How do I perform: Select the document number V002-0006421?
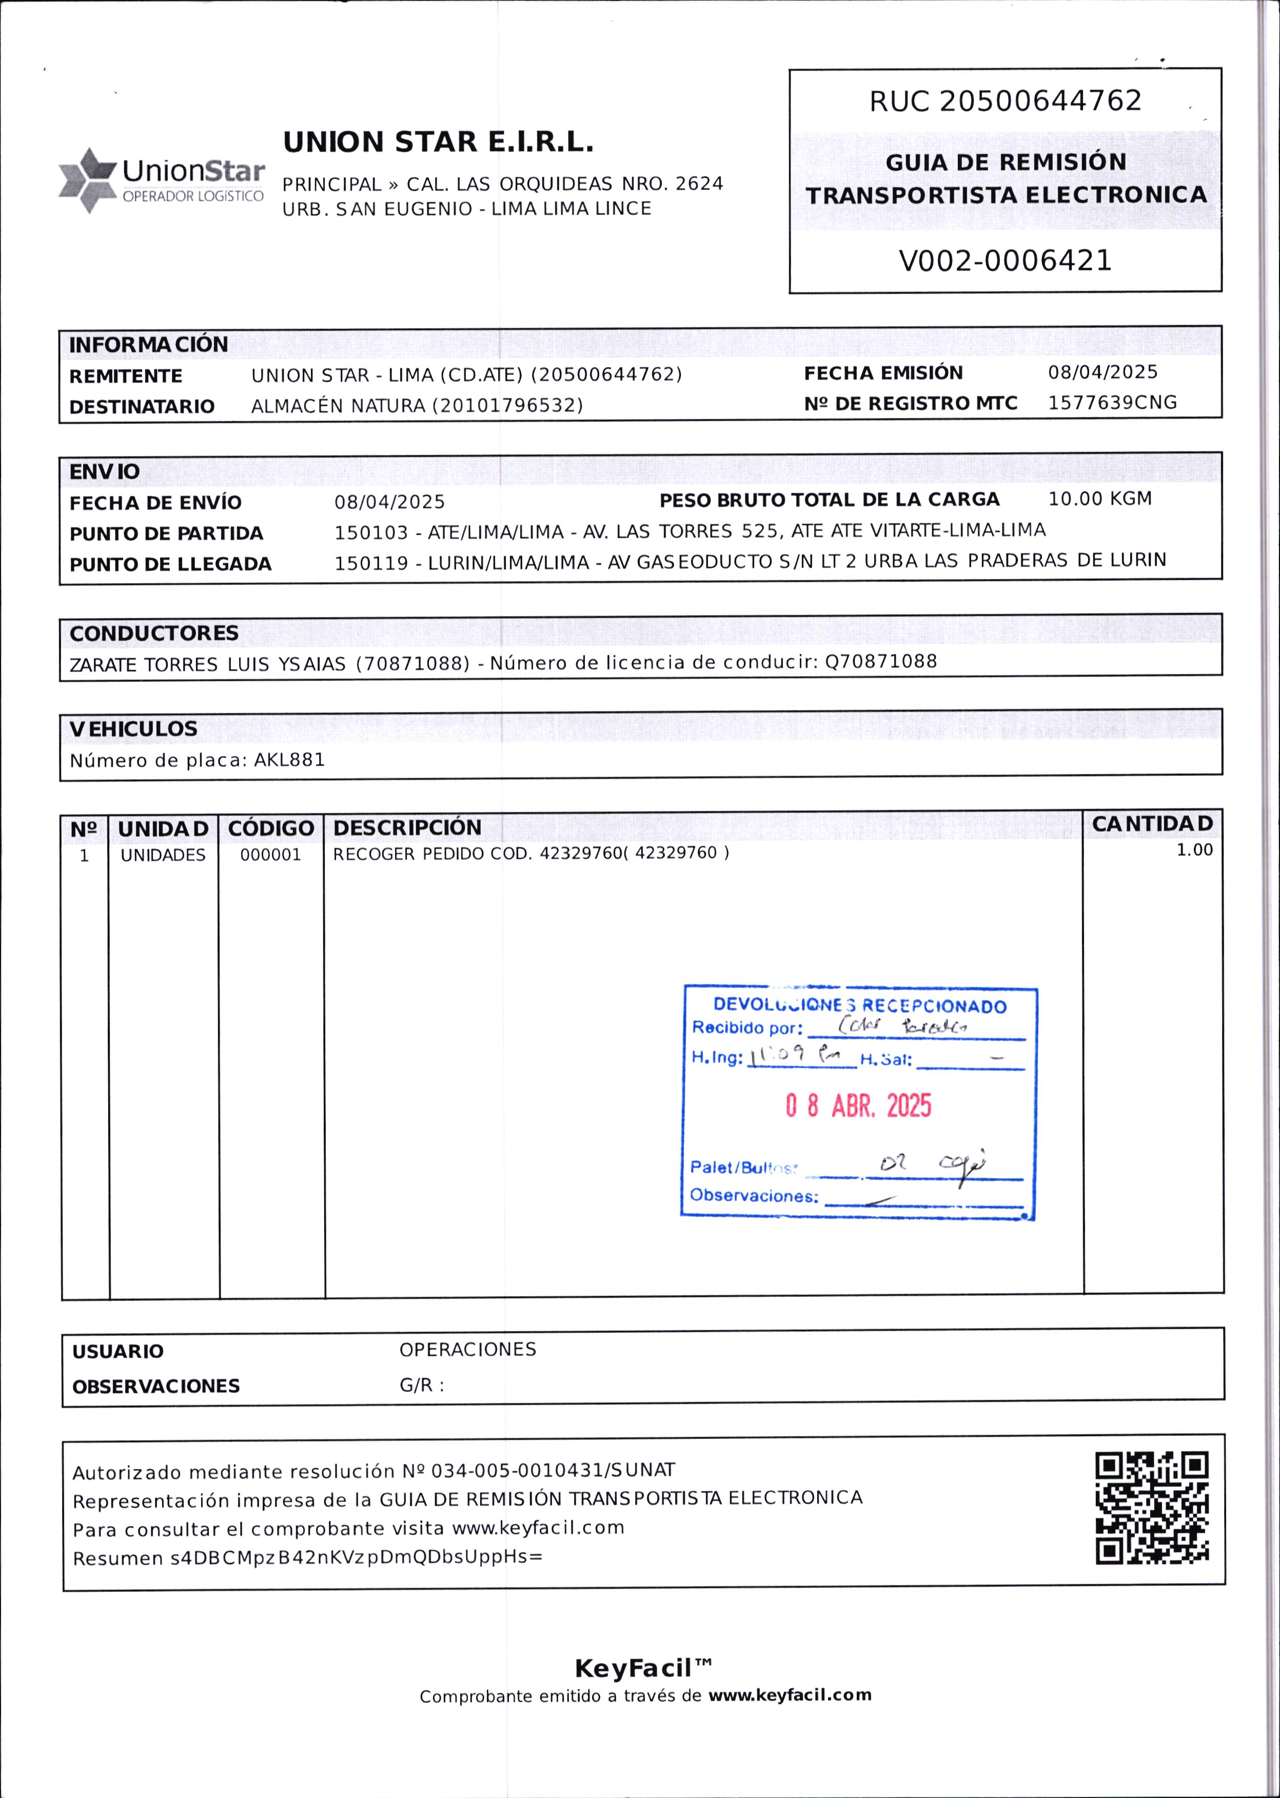pyautogui.click(x=1005, y=261)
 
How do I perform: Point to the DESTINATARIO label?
pyautogui.click(x=142, y=407)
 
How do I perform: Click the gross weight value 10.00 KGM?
pyautogui.click(x=1099, y=499)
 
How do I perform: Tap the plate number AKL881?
pyautogui.click(x=289, y=760)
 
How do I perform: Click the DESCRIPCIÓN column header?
pyautogui.click(x=407, y=827)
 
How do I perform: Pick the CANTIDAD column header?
pyautogui.click(x=1152, y=824)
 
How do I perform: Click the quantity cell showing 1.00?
pyautogui.click(x=1194, y=850)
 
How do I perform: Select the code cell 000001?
pyautogui.click(x=270, y=855)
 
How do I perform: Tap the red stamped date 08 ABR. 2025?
pyautogui.click(x=858, y=1106)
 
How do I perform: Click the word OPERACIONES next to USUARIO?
pyautogui.click(x=467, y=1350)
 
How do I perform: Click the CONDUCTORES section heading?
pyautogui.click(x=154, y=634)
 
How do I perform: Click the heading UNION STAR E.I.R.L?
pyautogui.click(x=438, y=143)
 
